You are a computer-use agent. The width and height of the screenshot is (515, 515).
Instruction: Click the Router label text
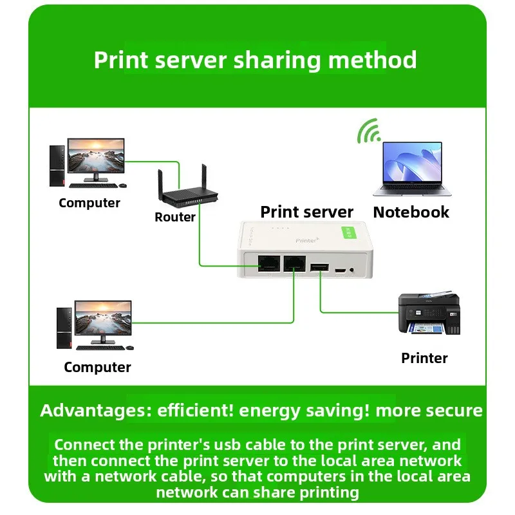175,217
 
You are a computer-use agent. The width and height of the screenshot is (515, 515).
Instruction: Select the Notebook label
411,212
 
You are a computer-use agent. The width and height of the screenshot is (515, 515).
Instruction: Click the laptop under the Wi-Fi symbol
407,168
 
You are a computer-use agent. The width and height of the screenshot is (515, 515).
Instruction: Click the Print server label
306,212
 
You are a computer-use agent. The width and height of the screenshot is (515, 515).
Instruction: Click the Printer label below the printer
424,358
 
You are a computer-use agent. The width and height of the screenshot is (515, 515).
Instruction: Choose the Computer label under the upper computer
89,203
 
